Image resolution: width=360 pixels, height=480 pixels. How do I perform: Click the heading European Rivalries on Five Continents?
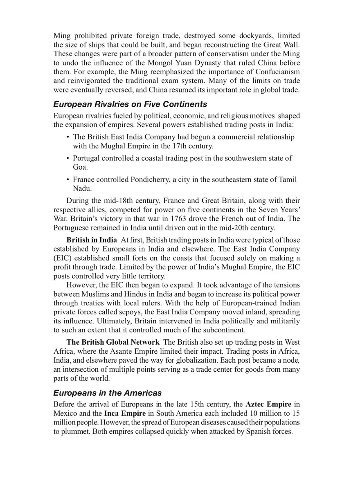tap(130, 104)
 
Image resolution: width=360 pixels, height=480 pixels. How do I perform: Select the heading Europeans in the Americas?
tap(107, 393)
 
